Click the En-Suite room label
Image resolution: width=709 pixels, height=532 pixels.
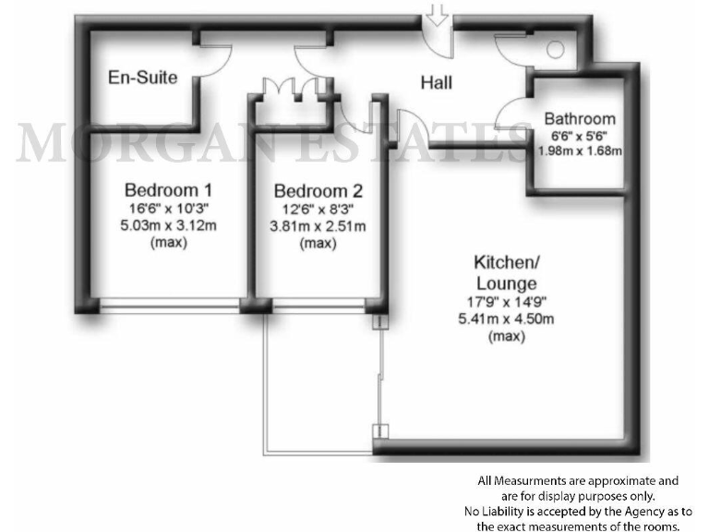pos(142,78)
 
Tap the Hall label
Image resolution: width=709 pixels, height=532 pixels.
pos(436,83)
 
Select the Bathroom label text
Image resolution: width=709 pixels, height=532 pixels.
pos(579,118)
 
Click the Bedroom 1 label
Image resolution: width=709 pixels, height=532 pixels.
pos(162,190)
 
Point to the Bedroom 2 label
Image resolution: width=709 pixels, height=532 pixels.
pos(318,192)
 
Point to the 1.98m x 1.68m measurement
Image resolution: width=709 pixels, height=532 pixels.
pos(579,151)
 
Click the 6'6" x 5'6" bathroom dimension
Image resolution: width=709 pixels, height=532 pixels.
pos(579,135)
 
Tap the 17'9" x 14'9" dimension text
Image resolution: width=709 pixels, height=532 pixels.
pos(506,301)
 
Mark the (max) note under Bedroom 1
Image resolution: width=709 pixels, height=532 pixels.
pos(162,244)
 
